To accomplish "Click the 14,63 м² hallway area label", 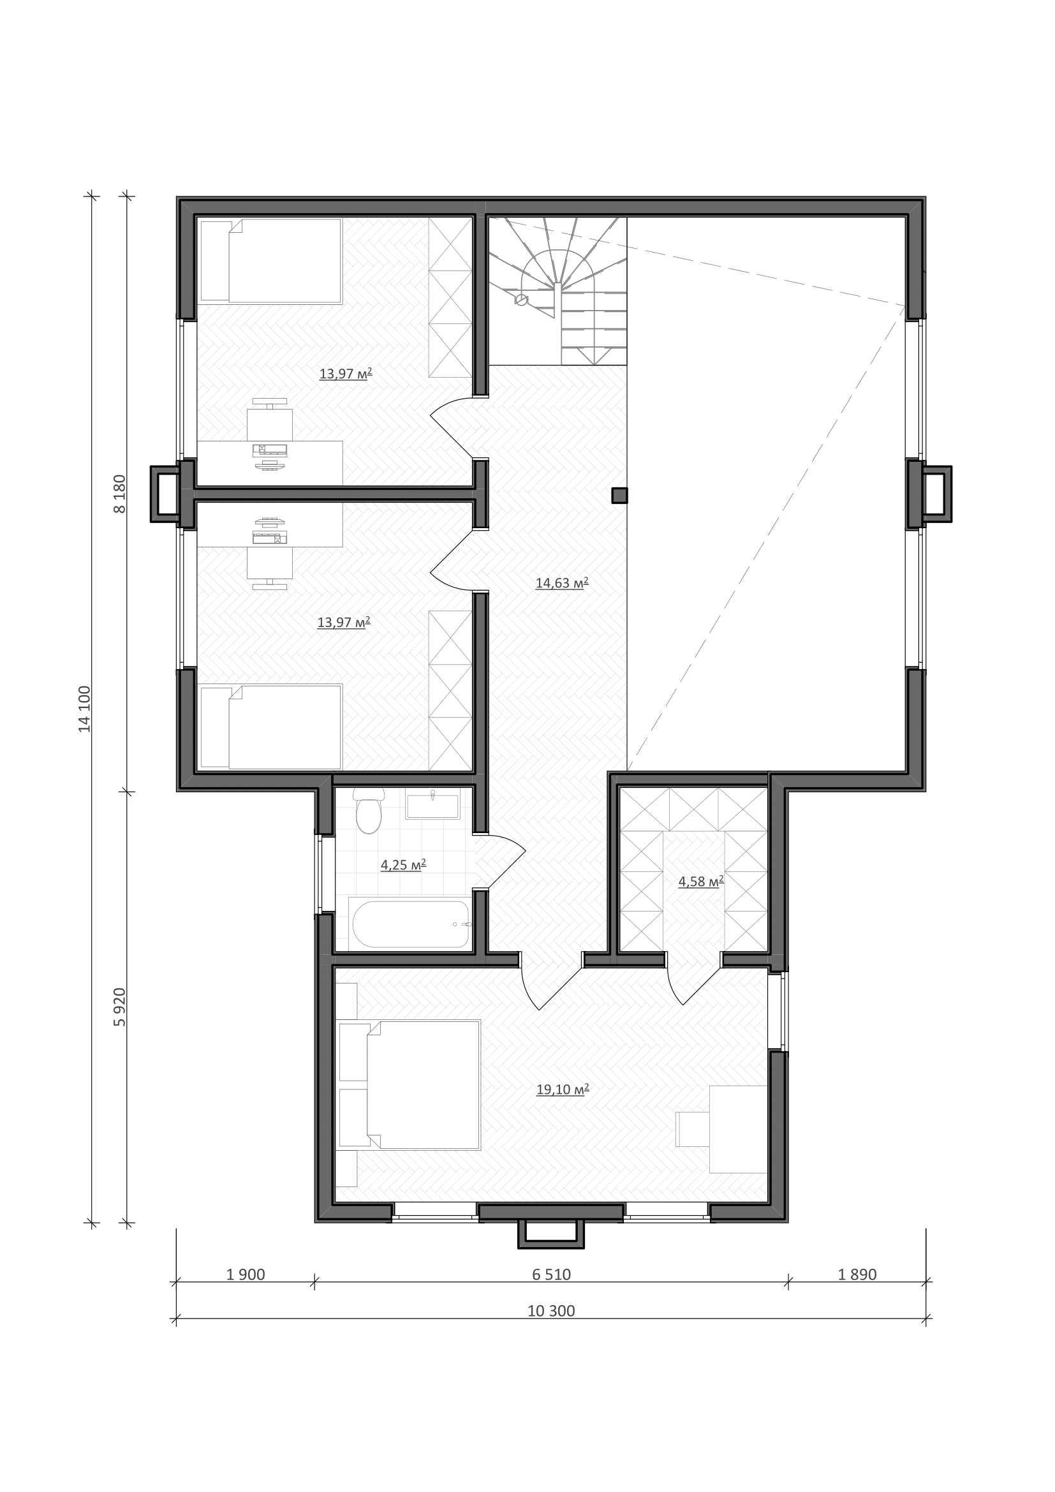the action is [562, 583].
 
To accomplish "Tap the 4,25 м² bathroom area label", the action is [402, 864].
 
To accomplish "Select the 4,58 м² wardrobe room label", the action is [701, 882].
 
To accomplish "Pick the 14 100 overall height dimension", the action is [85, 709].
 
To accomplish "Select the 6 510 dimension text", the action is [551, 1274].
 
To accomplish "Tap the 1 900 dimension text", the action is [246, 1274].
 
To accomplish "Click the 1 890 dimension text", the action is [857, 1274].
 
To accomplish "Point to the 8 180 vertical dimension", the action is [120, 494].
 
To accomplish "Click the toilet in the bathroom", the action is [369, 810].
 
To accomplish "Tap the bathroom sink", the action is [432, 803].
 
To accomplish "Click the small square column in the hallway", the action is [620, 496].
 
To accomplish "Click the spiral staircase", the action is [557, 291].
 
